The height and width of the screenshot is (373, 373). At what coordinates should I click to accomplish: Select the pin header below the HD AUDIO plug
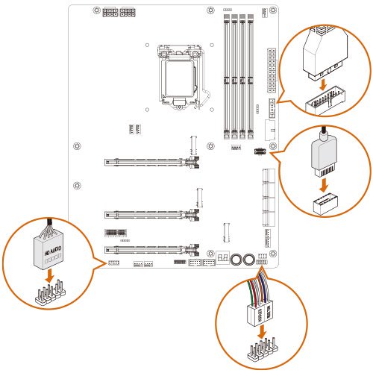pos(48,297)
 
